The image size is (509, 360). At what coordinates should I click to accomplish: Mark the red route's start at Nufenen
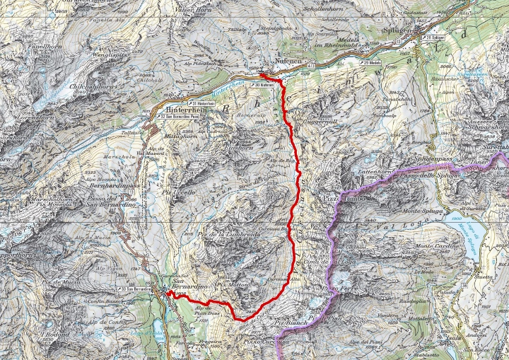tap(260, 74)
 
